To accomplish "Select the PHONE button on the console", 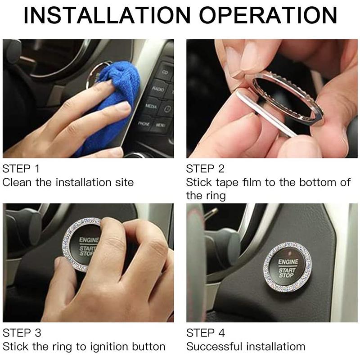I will (144, 122).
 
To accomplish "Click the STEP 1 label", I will (21, 169).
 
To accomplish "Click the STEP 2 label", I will (205, 169).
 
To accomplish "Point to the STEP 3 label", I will (22, 333).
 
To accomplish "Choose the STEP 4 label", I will (205, 333).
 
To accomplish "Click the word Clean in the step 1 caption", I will (17, 182).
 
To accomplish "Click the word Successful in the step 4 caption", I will (214, 346).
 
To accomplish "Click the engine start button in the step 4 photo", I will (287, 267).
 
